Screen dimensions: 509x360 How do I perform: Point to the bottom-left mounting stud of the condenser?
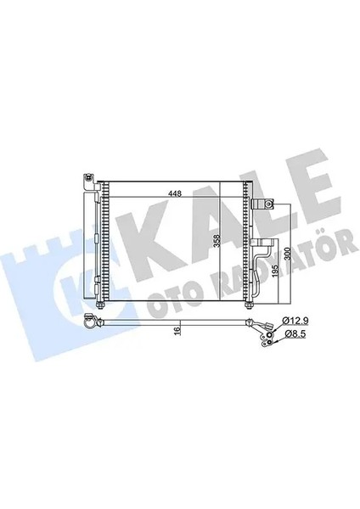[100, 306]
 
